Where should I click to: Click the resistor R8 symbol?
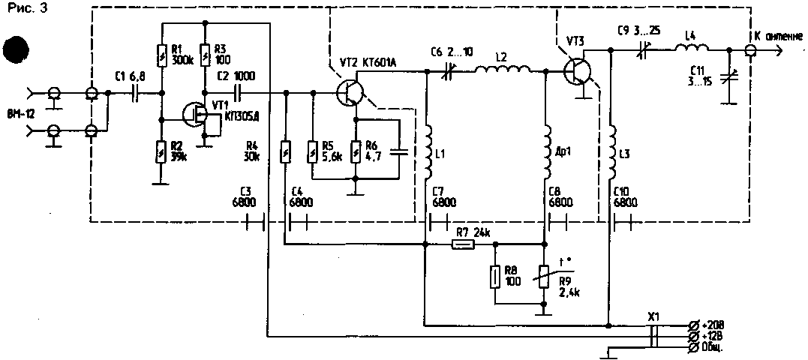pos(494,276)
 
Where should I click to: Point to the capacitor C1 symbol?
pos(135,94)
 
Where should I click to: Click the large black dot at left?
pos(17,50)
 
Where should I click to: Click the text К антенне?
pos(776,37)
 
